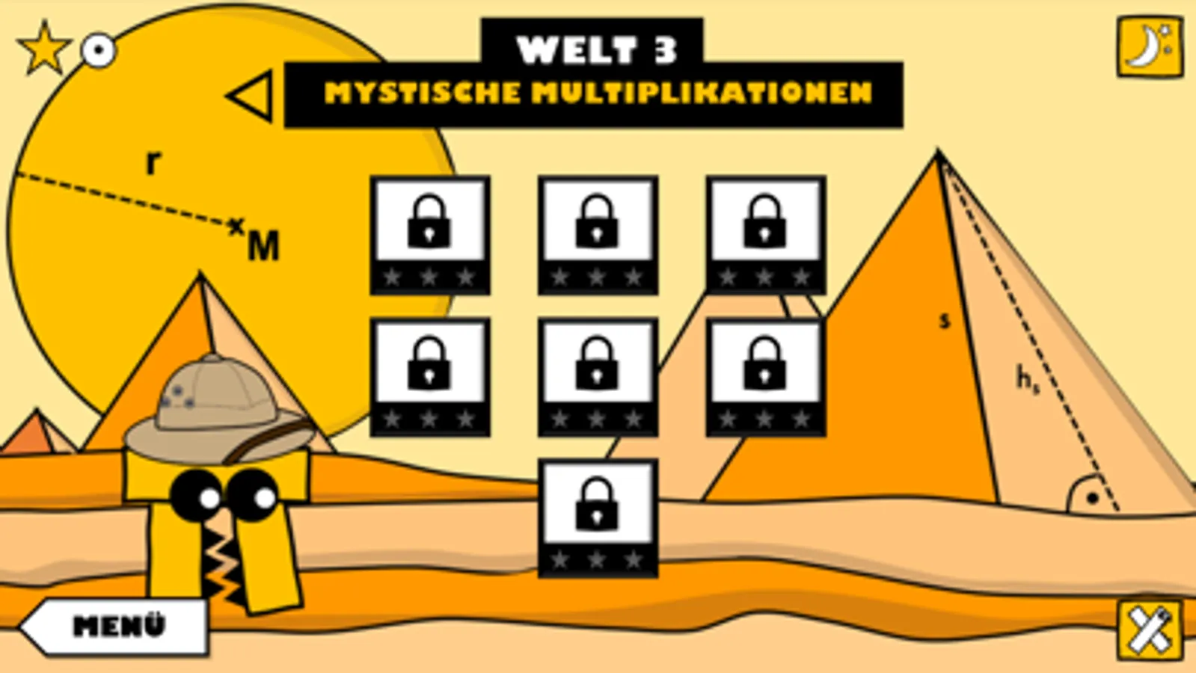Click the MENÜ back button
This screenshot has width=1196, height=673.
[x=114, y=626]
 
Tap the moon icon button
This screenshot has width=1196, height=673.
[x=1150, y=47]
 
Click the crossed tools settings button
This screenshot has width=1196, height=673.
[x=1150, y=631]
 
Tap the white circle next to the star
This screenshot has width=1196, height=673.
[x=99, y=52]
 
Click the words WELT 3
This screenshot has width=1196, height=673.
[x=597, y=50]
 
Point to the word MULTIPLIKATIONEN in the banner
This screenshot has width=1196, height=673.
[x=702, y=93]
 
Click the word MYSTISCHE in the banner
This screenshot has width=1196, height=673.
[x=423, y=93]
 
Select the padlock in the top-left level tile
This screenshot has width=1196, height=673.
[x=429, y=222]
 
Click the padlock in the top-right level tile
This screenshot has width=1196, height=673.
[x=764, y=222]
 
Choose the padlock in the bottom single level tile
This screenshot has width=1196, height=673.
[x=597, y=505]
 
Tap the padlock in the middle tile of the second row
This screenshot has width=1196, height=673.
[x=597, y=364]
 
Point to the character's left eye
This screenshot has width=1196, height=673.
[x=197, y=495]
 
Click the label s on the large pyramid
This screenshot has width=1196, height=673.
[x=945, y=321]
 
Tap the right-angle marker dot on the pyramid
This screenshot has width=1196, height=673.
[x=1092, y=499]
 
